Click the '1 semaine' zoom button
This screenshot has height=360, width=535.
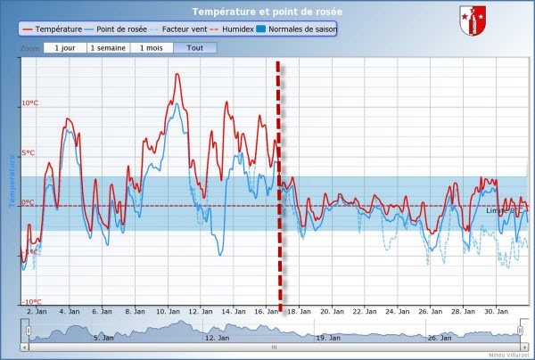[x=107, y=46]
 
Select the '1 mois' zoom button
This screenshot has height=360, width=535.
[x=151, y=46]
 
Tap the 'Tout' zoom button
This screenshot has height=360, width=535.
[x=194, y=46]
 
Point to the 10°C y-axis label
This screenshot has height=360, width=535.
[x=29, y=103]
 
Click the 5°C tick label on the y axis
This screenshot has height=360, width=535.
[x=29, y=153]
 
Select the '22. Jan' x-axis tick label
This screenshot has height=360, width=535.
[x=362, y=311]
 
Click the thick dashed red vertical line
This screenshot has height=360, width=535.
[x=280, y=178]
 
